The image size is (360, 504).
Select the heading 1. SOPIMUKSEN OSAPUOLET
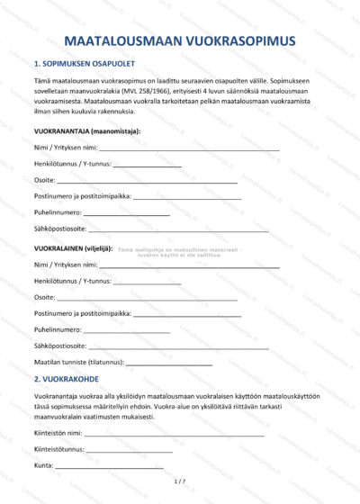click(78, 65)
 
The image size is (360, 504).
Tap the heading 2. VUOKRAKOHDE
click(65, 380)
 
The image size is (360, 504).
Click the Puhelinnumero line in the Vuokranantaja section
click(127, 213)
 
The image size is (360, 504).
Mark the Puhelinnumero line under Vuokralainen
click(127, 329)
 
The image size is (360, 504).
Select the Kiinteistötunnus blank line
click(130, 449)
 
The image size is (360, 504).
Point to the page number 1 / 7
click(180, 482)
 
